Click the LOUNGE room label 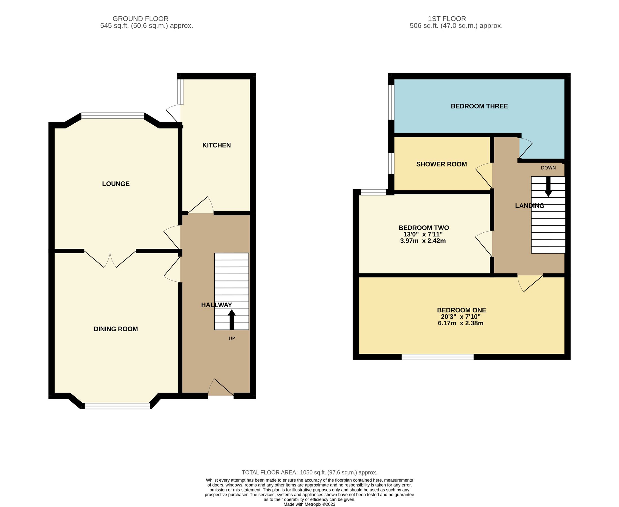(x=116, y=184)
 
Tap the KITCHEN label (x=216, y=145)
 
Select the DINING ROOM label (x=116, y=329)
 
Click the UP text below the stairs (x=231, y=339)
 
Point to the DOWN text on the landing (x=548, y=168)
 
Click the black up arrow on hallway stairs (x=231, y=319)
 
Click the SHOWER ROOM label (x=441, y=164)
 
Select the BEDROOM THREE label (x=479, y=106)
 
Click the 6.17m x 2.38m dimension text (x=460, y=323)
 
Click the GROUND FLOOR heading (x=141, y=19)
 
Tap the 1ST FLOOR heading (x=447, y=19)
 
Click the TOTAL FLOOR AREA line (x=309, y=472)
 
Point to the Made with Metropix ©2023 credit (x=309, y=504)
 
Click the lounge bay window (x=112, y=116)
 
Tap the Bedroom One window (x=437, y=357)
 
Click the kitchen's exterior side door (x=174, y=114)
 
